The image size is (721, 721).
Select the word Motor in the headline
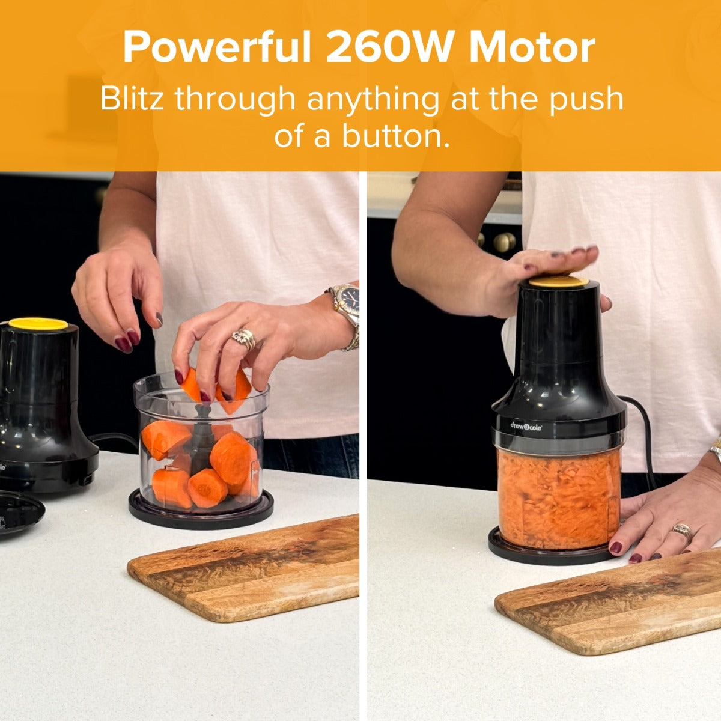point(532,48)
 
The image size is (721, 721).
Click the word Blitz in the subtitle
point(132,99)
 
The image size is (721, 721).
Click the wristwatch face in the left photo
point(350,299)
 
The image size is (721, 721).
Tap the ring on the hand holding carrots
point(243,339)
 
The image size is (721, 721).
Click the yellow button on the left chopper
point(38,324)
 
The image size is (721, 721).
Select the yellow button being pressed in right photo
point(559,282)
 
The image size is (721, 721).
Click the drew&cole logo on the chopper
point(526,426)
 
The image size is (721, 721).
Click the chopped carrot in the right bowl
point(559,497)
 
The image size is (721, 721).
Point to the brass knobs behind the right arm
point(499,242)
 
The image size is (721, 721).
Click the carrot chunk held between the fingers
point(192,385)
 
